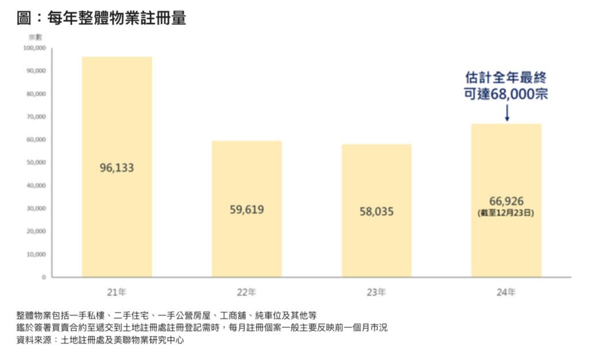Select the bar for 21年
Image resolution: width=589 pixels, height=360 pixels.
click(117, 115)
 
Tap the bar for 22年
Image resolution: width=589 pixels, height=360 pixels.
click(247, 173)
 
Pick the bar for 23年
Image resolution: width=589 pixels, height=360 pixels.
click(377, 173)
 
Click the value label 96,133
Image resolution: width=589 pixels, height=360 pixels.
click(117, 168)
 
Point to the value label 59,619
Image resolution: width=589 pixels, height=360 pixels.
click(247, 210)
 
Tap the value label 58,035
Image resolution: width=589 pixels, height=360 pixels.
click(377, 212)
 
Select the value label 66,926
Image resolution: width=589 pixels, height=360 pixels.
click(506, 201)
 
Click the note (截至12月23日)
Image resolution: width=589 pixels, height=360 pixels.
click(506, 213)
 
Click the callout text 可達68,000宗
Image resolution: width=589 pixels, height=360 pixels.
click(506, 94)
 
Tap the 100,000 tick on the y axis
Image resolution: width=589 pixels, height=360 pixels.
click(35, 48)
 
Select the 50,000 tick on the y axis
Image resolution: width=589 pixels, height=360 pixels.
click(36, 163)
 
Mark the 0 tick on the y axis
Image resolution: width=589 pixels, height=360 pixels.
click(44, 277)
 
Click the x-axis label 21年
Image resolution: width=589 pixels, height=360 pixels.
click(117, 293)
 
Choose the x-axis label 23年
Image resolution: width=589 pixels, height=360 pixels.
click(377, 293)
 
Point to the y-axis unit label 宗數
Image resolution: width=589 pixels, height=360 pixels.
click(36, 37)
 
